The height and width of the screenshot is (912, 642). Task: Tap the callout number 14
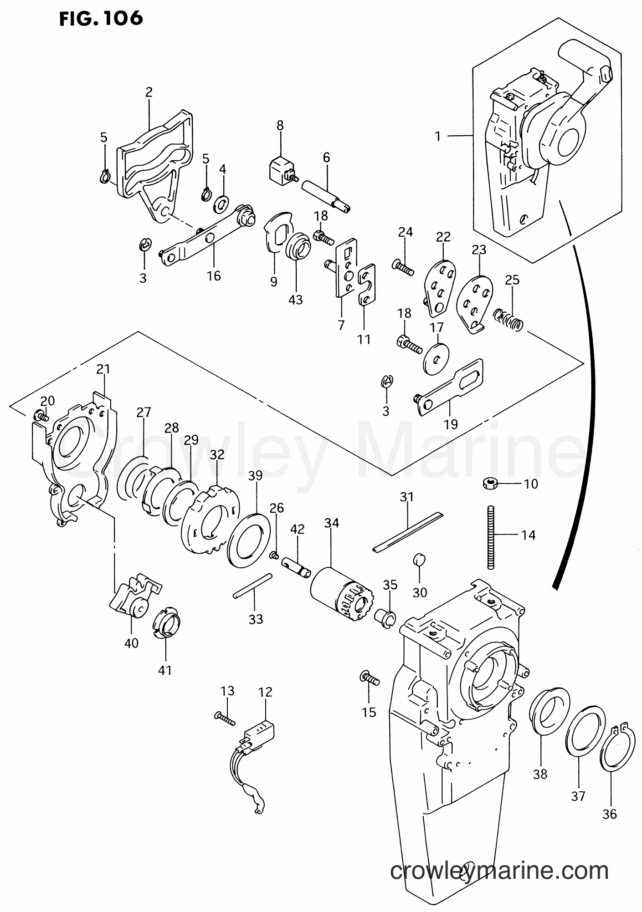528,535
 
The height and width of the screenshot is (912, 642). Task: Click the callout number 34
331,523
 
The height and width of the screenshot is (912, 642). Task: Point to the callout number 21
103,369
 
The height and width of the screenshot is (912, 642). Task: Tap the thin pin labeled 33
252,586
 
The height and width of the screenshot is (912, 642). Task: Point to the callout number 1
437,136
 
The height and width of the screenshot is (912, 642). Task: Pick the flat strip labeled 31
408,532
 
